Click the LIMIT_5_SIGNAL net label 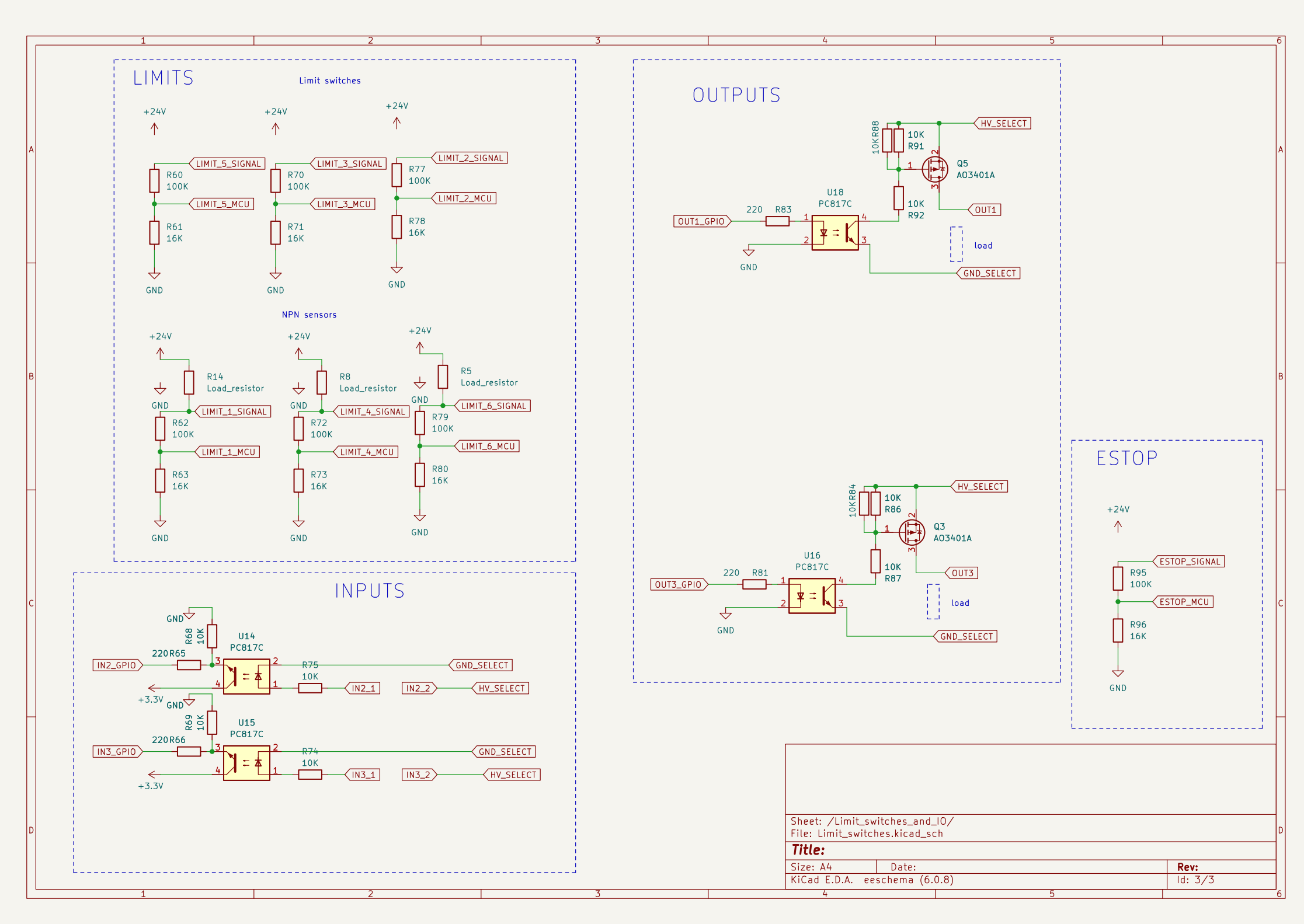[x=228, y=164]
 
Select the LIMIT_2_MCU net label [x=465, y=198]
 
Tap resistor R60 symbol [x=154, y=181]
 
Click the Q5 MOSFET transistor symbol [x=934, y=169]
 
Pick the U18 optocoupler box [x=835, y=233]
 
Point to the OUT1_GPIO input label [x=701, y=222]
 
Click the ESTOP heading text [x=1126, y=459]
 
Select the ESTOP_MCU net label [x=1184, y=602]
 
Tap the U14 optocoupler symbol [x=246, y=677]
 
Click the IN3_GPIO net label [x=117, y=752]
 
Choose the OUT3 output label [x=962, y=573]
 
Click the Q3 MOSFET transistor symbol [x=912, y=532]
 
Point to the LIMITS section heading [x=163, y=78]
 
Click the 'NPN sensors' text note [x=309, y=315]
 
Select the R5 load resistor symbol [x=443, y=377]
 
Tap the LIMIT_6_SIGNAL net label [x=493, y=406]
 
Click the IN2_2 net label [x=419, y=689]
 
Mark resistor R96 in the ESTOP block [x=1118, y=630]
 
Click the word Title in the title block [x=808, y=850]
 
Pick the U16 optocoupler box [x=812, y=596]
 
